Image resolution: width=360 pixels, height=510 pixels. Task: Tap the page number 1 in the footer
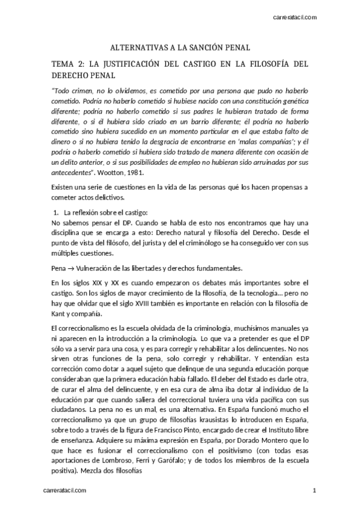tap(314, 491)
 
